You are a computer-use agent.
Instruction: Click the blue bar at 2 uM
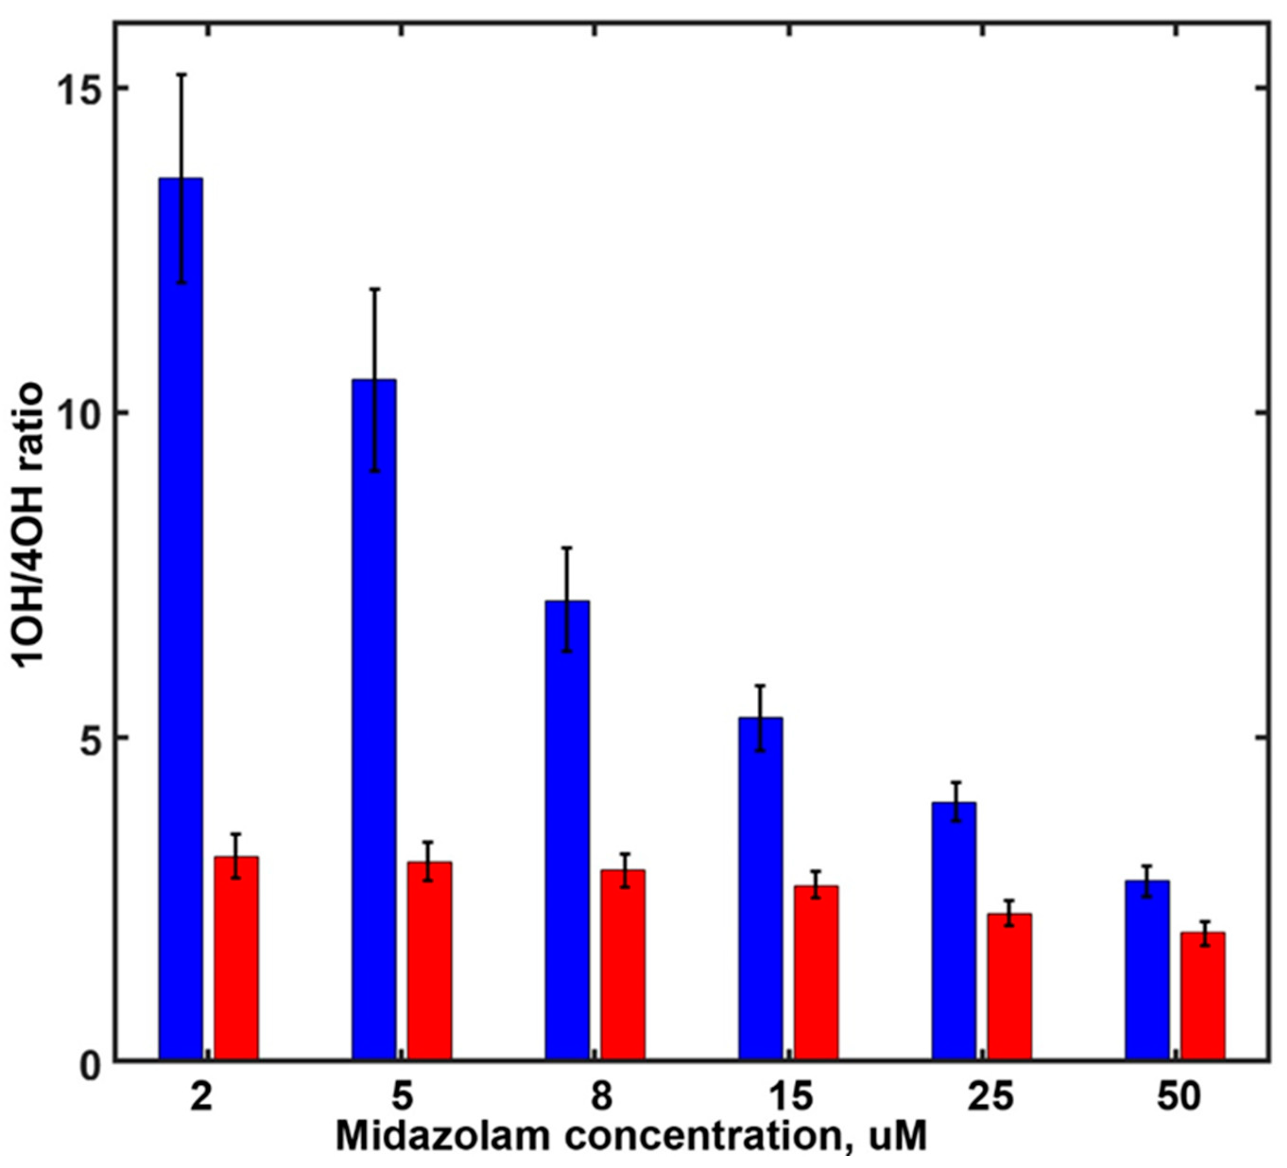click(181, 639)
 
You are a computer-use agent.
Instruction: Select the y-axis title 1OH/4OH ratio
click(31, 525)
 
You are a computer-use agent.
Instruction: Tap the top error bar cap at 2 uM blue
click(181, 75)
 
